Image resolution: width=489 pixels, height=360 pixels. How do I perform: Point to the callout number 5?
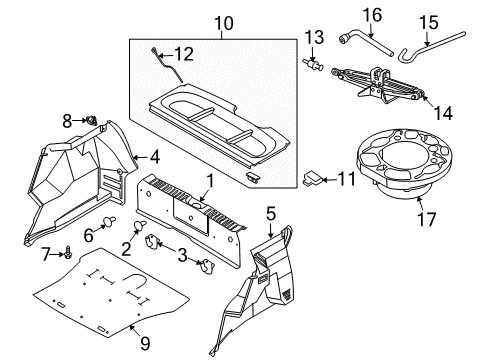(x=270, y=212)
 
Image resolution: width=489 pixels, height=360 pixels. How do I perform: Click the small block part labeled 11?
(x=314, y=178)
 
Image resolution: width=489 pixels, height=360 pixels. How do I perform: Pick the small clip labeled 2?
(x=142, y=225)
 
